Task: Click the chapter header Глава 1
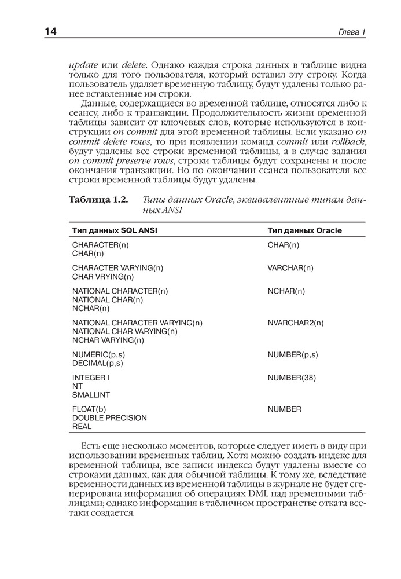tap(352, 31)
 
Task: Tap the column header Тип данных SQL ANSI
tap(115, 230)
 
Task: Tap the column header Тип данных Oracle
tap(304, 230)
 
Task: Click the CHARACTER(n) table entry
tap(101, 245)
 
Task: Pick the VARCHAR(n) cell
tap(290, 268)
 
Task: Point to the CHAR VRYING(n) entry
tap(103, 277)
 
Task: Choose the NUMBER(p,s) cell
tap(292, 354)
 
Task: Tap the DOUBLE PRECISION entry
tap(109, 417)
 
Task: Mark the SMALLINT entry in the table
tap(91, 395)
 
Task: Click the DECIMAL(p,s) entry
tap(98, 363)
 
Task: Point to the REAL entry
tap(82, 426)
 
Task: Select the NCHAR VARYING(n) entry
tap(108, 340)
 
